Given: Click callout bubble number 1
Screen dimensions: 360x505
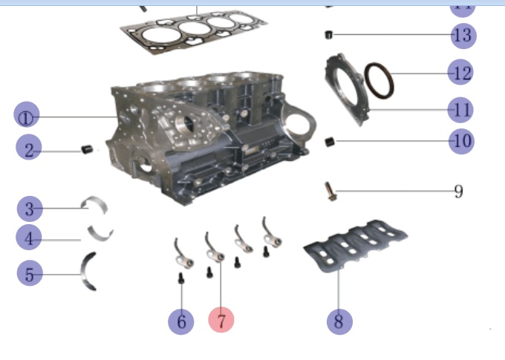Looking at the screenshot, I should click(27, 116).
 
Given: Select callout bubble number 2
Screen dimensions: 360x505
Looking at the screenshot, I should click(28, 150).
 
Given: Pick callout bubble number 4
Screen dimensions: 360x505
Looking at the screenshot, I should click(29, 238).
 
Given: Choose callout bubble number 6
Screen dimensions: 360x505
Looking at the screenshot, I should click(180, 321).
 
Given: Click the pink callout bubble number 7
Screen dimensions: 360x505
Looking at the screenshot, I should click(221, 320).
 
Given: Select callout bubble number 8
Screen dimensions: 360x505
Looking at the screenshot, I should click(339, 321).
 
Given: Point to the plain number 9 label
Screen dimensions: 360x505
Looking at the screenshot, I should click(458, 192).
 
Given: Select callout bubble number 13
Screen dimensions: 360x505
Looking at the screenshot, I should click(462, 35).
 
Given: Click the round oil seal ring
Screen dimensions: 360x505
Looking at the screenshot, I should click(379, 81).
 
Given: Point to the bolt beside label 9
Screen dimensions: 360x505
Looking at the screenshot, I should click(330, 191).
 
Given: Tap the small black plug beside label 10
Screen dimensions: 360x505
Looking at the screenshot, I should click(330, 140).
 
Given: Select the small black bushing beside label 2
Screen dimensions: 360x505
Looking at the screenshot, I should click(86, 150).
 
